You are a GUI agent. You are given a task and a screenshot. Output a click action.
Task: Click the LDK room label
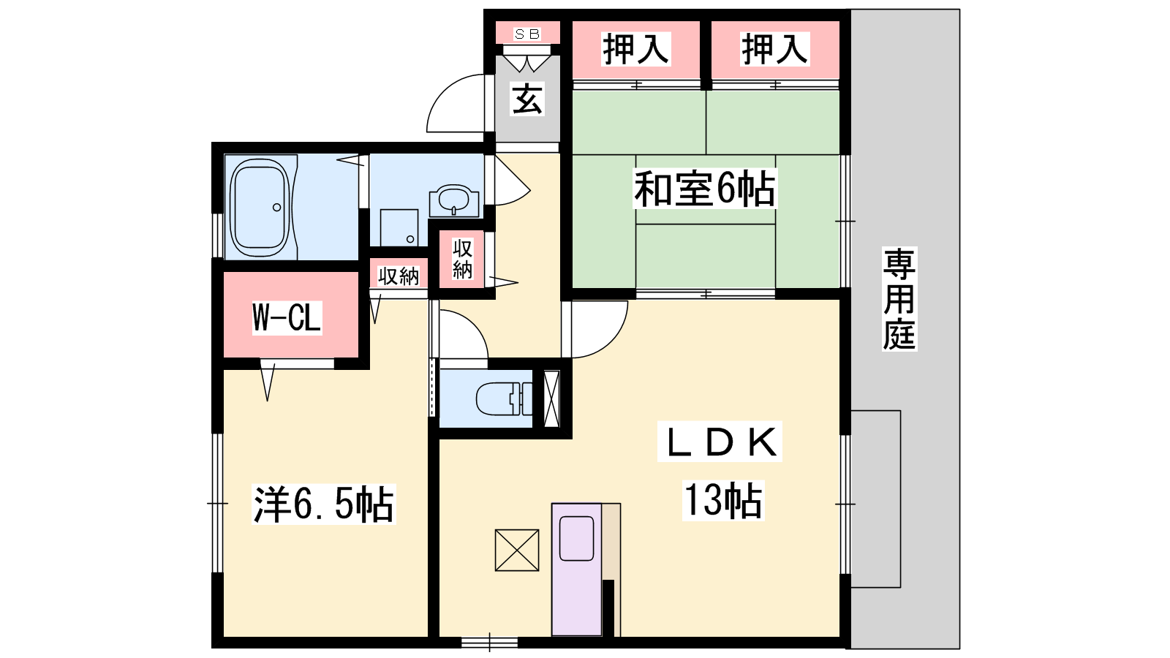click(720, 442)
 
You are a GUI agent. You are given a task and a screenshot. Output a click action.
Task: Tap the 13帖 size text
click(723, 500)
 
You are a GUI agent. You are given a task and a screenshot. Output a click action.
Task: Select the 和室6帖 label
click(705, 189)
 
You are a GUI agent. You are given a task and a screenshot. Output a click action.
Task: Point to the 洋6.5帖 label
click(323, 504)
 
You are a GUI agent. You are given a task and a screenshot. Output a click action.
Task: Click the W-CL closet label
click(287, 317)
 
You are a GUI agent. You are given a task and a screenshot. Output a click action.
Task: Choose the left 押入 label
click(635, 49)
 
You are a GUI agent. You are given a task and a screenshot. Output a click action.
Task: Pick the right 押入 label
click(774, 49)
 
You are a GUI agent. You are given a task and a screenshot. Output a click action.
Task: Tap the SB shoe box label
click(527, 34)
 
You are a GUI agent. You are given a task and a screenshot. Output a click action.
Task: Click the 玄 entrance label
click(527, 98)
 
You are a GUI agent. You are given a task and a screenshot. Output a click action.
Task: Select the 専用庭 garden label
click(899, 299)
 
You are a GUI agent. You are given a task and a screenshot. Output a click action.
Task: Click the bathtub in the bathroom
click(260, 208)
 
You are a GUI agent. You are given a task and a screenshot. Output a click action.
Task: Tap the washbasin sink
click(454, 200)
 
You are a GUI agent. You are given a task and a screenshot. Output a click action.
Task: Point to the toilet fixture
click(504, 398)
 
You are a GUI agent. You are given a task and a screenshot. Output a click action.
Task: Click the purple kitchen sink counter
click(577, 570)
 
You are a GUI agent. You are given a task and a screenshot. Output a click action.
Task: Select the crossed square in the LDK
click(517, 551)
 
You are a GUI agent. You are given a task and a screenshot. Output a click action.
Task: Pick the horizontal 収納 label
click(399, 276)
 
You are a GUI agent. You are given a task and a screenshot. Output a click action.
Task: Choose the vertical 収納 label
click(462, 259)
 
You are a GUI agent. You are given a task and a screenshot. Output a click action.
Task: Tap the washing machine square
click(399, 227)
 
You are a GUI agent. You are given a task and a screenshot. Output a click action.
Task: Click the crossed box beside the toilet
click(551, 398)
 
